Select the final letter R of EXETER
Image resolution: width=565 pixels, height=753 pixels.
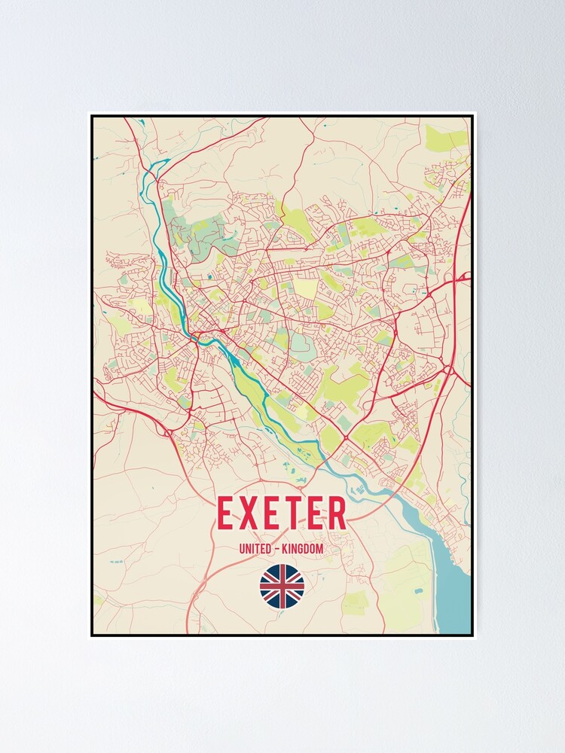[x=335, y=514]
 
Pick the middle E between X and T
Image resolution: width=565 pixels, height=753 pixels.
[x=279, y=514]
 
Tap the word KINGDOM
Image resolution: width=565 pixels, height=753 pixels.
[x=303, y=549]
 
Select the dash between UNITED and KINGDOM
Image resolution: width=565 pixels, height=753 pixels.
[x=277, y=549]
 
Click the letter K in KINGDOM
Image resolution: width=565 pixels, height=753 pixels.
[x=286, y=549]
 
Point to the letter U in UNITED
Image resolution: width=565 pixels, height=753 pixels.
[x=242, y=549]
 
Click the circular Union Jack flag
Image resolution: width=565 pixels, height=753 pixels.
[x=282, y=587]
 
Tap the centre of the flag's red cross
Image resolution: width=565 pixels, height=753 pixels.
[x=282, y=587]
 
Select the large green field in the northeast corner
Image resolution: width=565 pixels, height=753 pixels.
[x=446, y=138]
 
